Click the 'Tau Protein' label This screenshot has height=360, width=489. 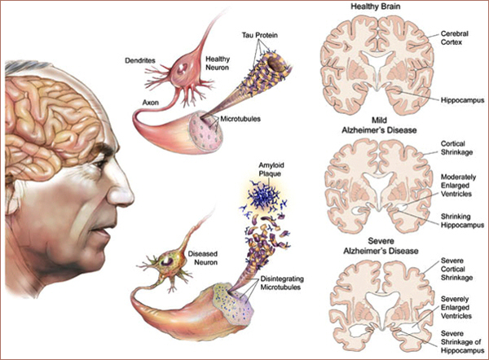click(x=259, y=35)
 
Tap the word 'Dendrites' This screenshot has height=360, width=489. click(x=140, y=60)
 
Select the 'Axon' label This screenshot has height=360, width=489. click(x=150, y=103)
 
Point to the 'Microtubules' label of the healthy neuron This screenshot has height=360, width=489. click(x=240, y=119)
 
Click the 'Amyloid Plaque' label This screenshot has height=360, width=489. click(x=270, y=169)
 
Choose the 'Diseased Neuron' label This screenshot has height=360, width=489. click(x=203, y=258)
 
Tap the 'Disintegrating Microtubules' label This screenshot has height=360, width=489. click(x=282, y=283)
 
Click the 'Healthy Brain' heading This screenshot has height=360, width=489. click(x=376, y=7)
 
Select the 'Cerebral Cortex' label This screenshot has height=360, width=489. click(x=455, y=37)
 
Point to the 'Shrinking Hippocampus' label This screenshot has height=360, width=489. click(x=462, y=221)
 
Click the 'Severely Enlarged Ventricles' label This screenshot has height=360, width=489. click(x=456, y=308)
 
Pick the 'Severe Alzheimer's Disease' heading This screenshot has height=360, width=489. click(x=381, y=246)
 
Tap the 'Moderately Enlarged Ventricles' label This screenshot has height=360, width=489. click(x=458, y=186)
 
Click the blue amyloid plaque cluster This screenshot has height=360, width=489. click(x=264, y=196)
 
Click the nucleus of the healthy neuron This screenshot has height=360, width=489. click(x=182, y=68)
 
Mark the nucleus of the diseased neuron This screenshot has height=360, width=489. click(x=167, y=261)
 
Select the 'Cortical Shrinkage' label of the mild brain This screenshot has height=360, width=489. click(x=456, y=148)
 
